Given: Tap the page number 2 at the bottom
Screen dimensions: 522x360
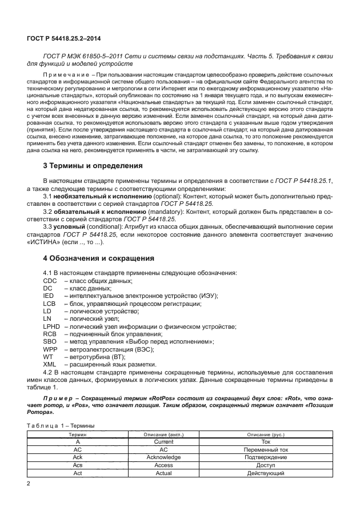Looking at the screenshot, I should [x=29, y=483].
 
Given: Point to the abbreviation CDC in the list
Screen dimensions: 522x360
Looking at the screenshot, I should [x=51, y=281].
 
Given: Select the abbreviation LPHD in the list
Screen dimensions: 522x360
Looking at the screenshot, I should [x=52, y=326].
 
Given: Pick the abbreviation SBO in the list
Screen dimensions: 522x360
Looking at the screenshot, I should [x=50, y=341].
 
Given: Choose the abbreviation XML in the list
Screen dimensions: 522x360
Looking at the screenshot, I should [x=50, y=364].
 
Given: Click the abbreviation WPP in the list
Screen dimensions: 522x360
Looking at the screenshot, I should [x=50, y=348].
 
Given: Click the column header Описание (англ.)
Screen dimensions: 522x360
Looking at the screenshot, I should [x=163, y=435].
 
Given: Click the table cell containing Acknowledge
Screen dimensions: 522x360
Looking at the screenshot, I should [x=163, y=457].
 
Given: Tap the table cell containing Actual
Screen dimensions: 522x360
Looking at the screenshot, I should [x=163, y=473].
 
